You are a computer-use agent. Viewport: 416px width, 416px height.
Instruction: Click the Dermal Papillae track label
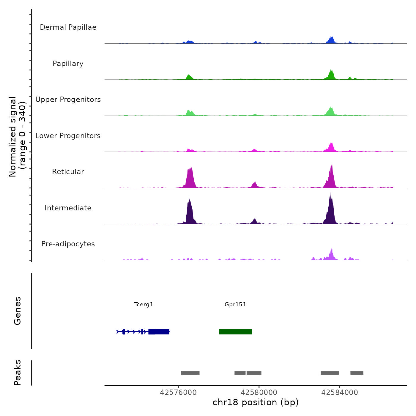(x=68, y=27)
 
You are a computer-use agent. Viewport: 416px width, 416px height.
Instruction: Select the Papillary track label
(x=68, y=64)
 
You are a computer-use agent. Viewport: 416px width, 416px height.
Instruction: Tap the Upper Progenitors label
(x=68, y=100)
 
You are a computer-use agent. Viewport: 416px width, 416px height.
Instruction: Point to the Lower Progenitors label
(x=68, y=136)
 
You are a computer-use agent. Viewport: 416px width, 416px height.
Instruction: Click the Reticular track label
(x=68, y=172)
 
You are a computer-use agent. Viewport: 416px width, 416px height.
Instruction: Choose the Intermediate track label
(x=68, y=208)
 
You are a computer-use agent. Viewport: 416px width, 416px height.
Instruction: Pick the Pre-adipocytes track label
(x=68, y=244)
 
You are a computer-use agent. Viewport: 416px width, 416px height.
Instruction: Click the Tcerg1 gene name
(x=144, y=304)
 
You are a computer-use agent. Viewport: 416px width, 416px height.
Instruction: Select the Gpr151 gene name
(x=235, y=304)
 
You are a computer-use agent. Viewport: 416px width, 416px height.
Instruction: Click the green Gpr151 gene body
(x=235, y=332)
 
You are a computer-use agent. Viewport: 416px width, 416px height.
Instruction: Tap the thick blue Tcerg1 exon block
(x=159, y=332)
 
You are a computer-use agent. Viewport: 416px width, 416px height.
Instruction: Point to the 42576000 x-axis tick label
(x=178, y=393)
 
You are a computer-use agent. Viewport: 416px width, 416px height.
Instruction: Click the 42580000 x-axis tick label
(x=259, y=393)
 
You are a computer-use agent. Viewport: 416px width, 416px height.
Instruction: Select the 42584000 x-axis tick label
(x=340, y=393)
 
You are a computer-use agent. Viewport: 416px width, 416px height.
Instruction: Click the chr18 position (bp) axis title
(x=256, y=402)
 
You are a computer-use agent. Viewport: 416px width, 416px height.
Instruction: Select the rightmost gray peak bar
(x=357, y=373)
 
